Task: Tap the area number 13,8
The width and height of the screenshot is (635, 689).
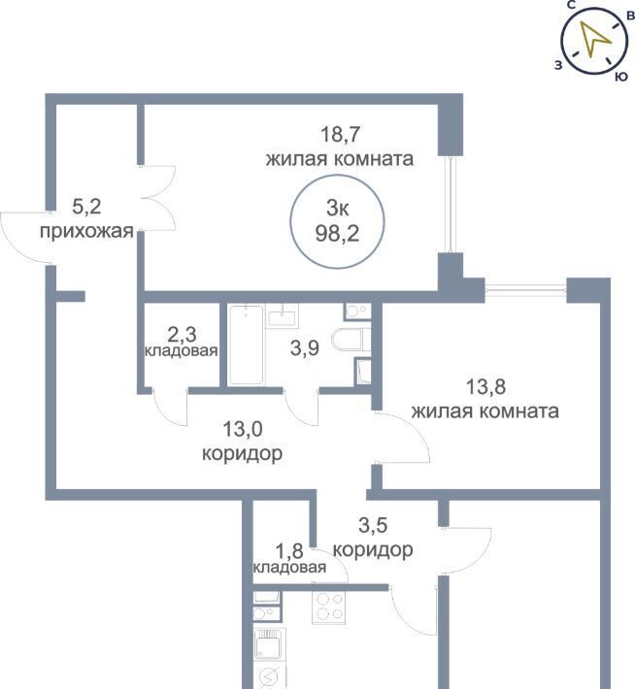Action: click(x=485, y=387)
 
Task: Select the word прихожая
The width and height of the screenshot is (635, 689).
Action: click(x=86, y=231)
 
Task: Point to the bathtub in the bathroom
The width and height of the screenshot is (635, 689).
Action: click(x=247, y=344)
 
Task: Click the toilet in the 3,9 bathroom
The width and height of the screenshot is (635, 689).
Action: click(x=349, y=340)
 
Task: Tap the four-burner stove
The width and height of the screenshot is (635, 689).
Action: click(x=328, y=607)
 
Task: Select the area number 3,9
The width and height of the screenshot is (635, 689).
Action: click(x=305, y=349)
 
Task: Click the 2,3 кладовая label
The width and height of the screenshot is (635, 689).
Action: click(x=182, y=342)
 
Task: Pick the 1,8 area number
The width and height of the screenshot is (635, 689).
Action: click(x=289, y=549)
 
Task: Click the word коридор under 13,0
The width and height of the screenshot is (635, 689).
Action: click(x=242, y=453)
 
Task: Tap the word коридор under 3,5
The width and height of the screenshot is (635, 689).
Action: click(x=373, y=549)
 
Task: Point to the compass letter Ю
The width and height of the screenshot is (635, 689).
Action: click(x=620, y=77)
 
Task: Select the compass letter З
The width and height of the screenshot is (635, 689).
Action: click(x=558, y=66)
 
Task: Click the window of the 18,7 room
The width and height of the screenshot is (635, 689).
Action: click(x=450, y=205)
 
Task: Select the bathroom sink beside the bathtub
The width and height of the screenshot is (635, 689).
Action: click(x=283, y=315)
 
